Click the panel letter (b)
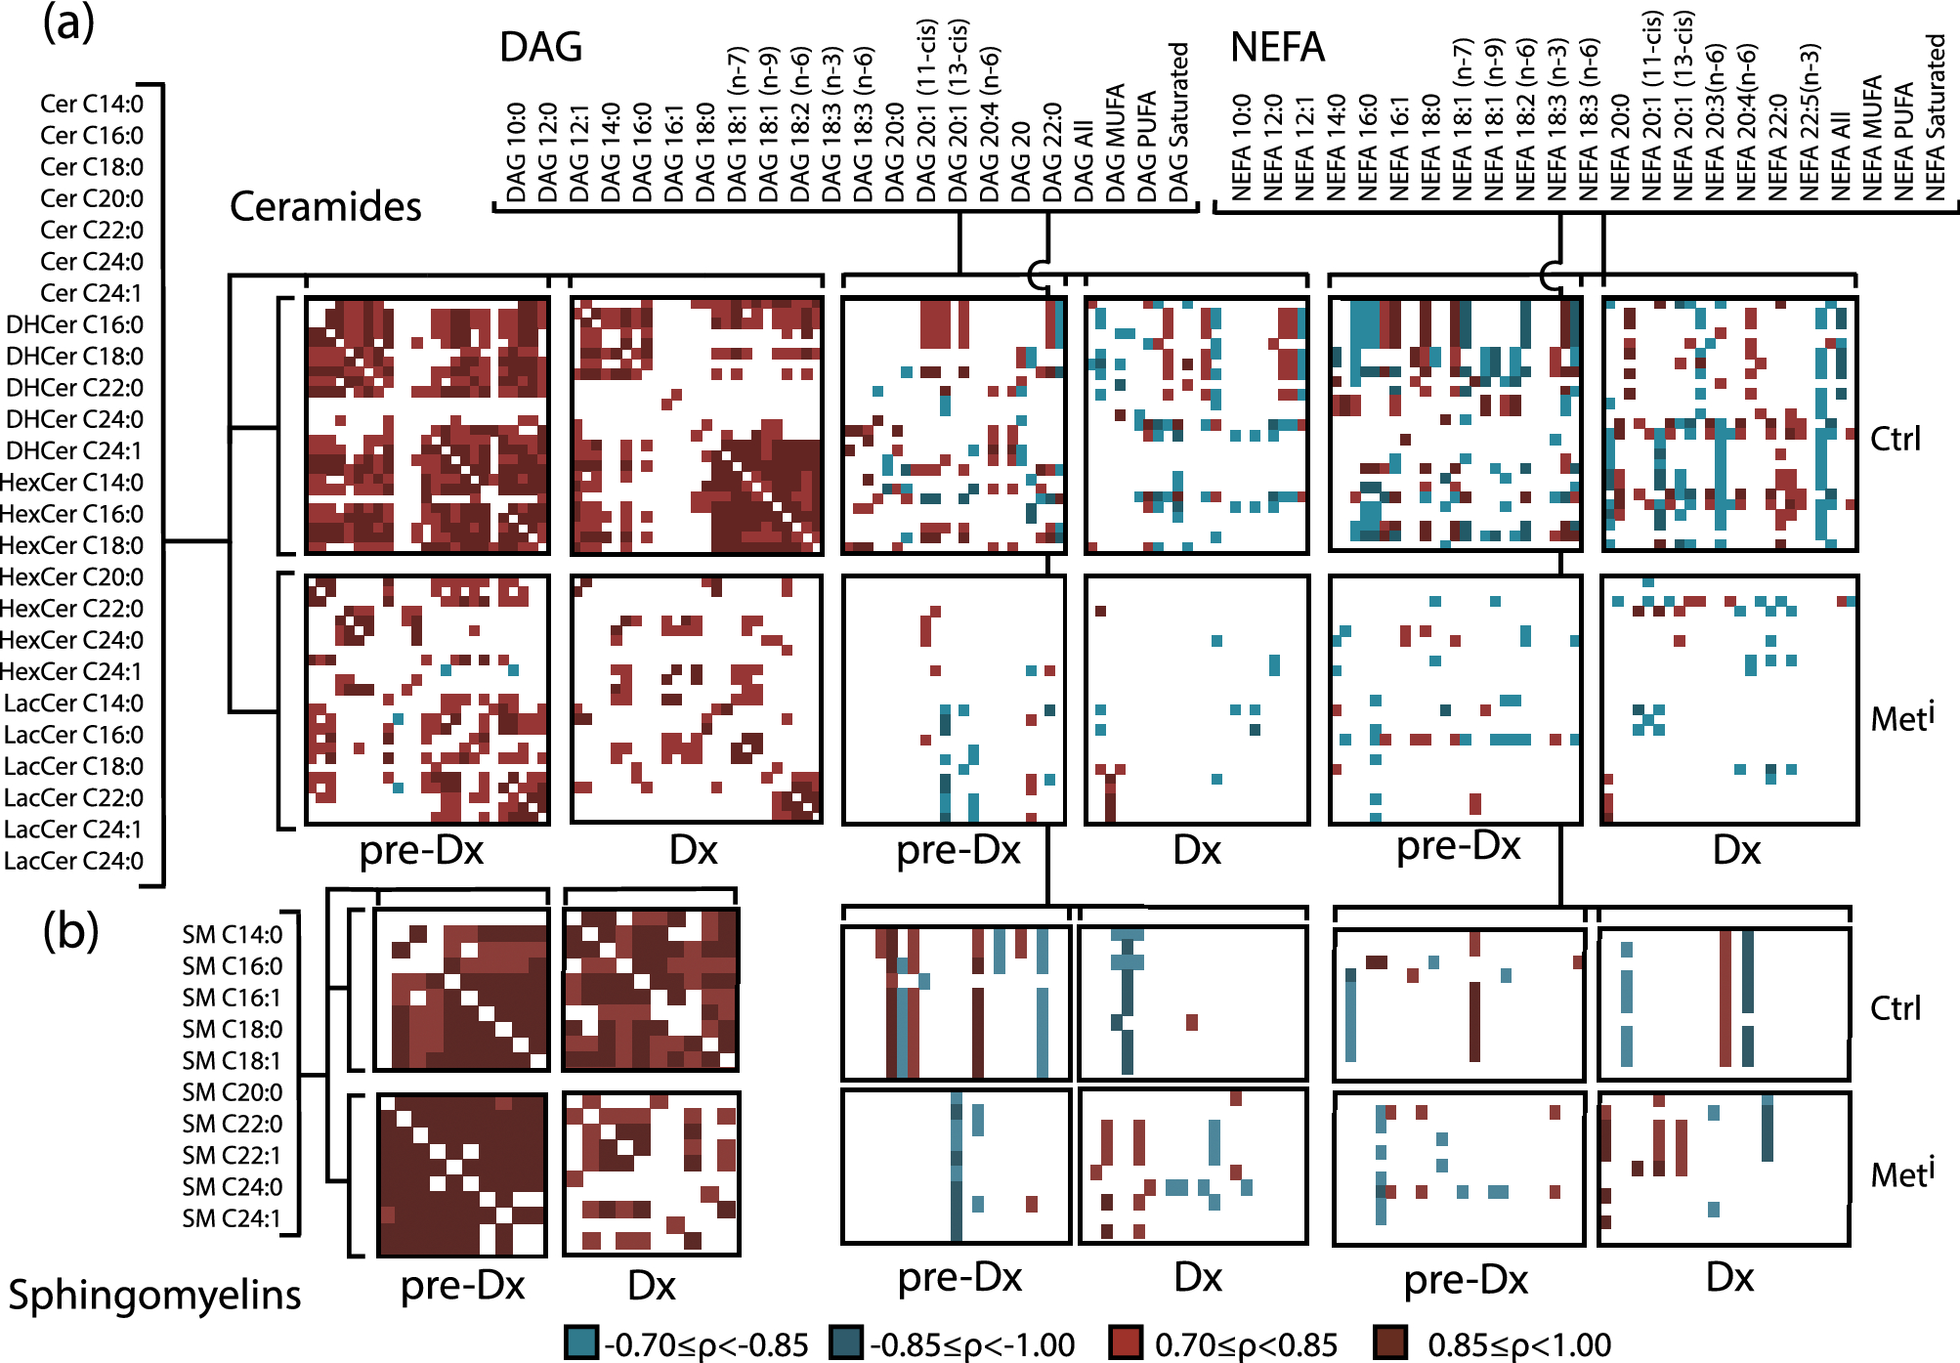pyautogui.click(x=70, y=931)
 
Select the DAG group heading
pyautogui.click(x=540, y=47)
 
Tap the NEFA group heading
pyautogui.click(x=1277, y=47)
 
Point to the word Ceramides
pyautogui.click(x=325, y=206)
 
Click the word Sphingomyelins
pyautogui.click(x=154, y=1295)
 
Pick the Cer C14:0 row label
pyautogui.click(x=92, y=104)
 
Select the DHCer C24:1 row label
pyautogui.click(x=74, y=450)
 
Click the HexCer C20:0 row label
pyautogui.click(x=71, y=576)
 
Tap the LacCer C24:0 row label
pyautogui.click(x=74, y=861)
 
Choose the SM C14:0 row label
pyautogui.click(x=233, y=934)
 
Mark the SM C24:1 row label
pyautogui.click(x=233, y=1218)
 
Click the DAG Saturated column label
pyautogui.click(x=1178, y=122)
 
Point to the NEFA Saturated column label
pyautogui.click(x=1935, y=117)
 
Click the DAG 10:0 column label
pyautogui.click(x=517, y=152)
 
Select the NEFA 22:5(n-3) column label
pyautogui.click(x=1809, y=122)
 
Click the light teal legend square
pyautogui.click(x=581, y=1342)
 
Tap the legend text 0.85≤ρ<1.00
pyautogui.click(x=1519, y=1344)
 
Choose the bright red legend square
pyautogui.click(x=1126, y=1342)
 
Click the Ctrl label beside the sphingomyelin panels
pyautogui.click(x=1895, y=1007)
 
